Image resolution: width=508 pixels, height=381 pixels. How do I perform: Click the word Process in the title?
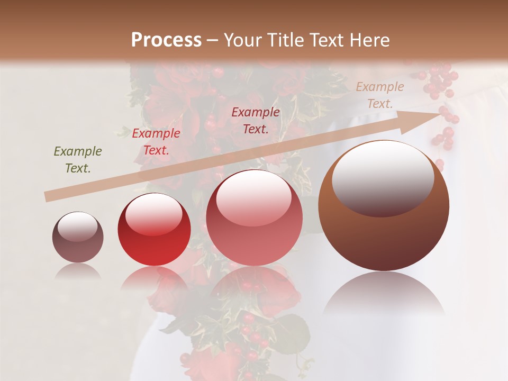166,40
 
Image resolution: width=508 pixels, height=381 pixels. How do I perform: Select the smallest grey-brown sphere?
78,237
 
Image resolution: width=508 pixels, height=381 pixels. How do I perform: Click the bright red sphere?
154,229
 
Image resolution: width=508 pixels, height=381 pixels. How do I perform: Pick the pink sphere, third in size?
254,217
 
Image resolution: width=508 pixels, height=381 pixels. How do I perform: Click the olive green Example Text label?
78,160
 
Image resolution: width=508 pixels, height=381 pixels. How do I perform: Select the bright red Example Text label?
156,142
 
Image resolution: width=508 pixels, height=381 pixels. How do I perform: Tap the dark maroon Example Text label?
256,121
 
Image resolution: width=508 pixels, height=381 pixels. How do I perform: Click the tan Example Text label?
379,95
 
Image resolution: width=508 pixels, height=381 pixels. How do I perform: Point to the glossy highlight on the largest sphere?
383,177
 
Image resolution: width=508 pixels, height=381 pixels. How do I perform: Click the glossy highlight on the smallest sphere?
78,226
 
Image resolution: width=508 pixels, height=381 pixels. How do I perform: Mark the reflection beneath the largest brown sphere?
384,294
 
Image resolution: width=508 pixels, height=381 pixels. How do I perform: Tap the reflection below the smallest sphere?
78,271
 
